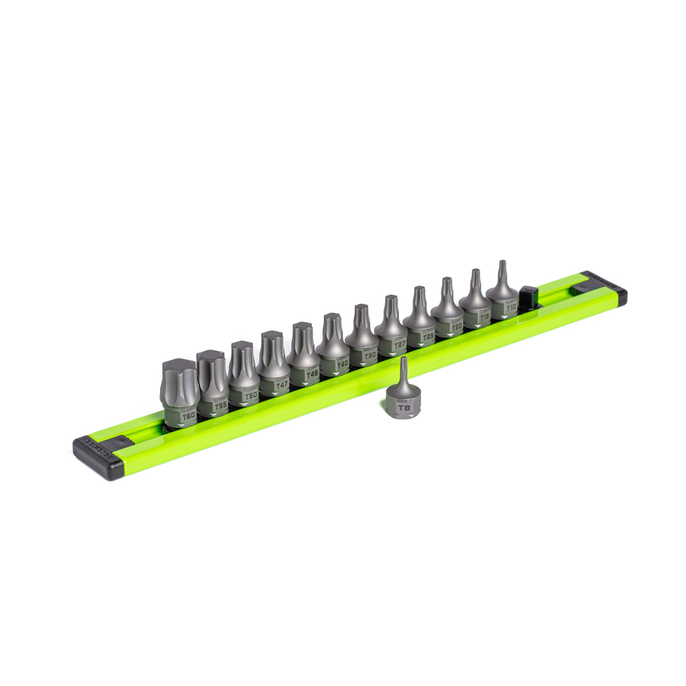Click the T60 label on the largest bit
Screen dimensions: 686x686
pos(188,416)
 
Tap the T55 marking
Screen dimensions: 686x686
pos(220,405)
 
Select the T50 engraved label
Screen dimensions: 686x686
pos(251,395)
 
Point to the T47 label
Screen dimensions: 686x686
pos(282,385)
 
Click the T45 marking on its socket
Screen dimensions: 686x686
pos(312,375)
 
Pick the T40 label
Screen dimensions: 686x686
pos(342,365)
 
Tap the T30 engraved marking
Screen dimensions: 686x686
pos(370,355)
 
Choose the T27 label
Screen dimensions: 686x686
pos(400,345)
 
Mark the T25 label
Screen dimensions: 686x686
pos(428,336)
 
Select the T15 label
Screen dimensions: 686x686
pos(485,317)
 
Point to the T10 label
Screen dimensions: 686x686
pos(511,307)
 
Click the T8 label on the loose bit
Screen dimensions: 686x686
pos(403,408)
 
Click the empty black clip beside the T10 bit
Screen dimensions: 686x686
pos(528,297)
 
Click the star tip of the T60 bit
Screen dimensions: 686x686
pos(179,375)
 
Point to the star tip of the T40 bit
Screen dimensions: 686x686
pos(332,324)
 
